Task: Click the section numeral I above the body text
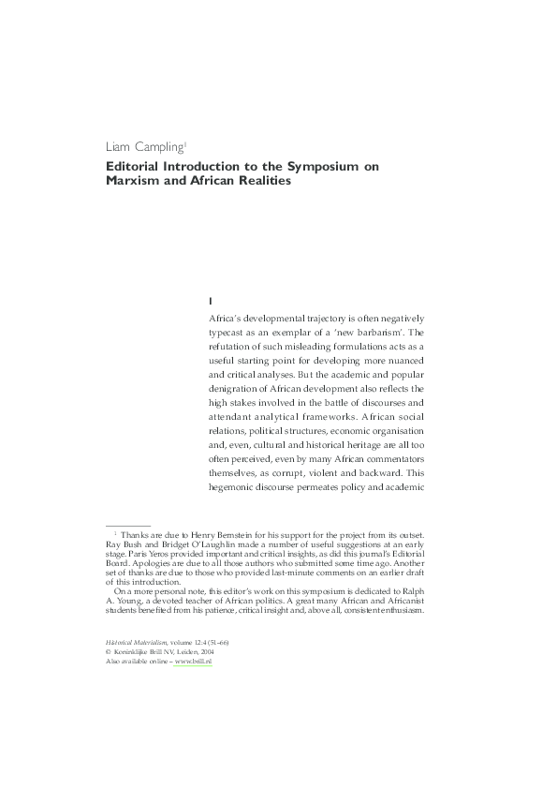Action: pyautogui.click(x=213, y=300)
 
